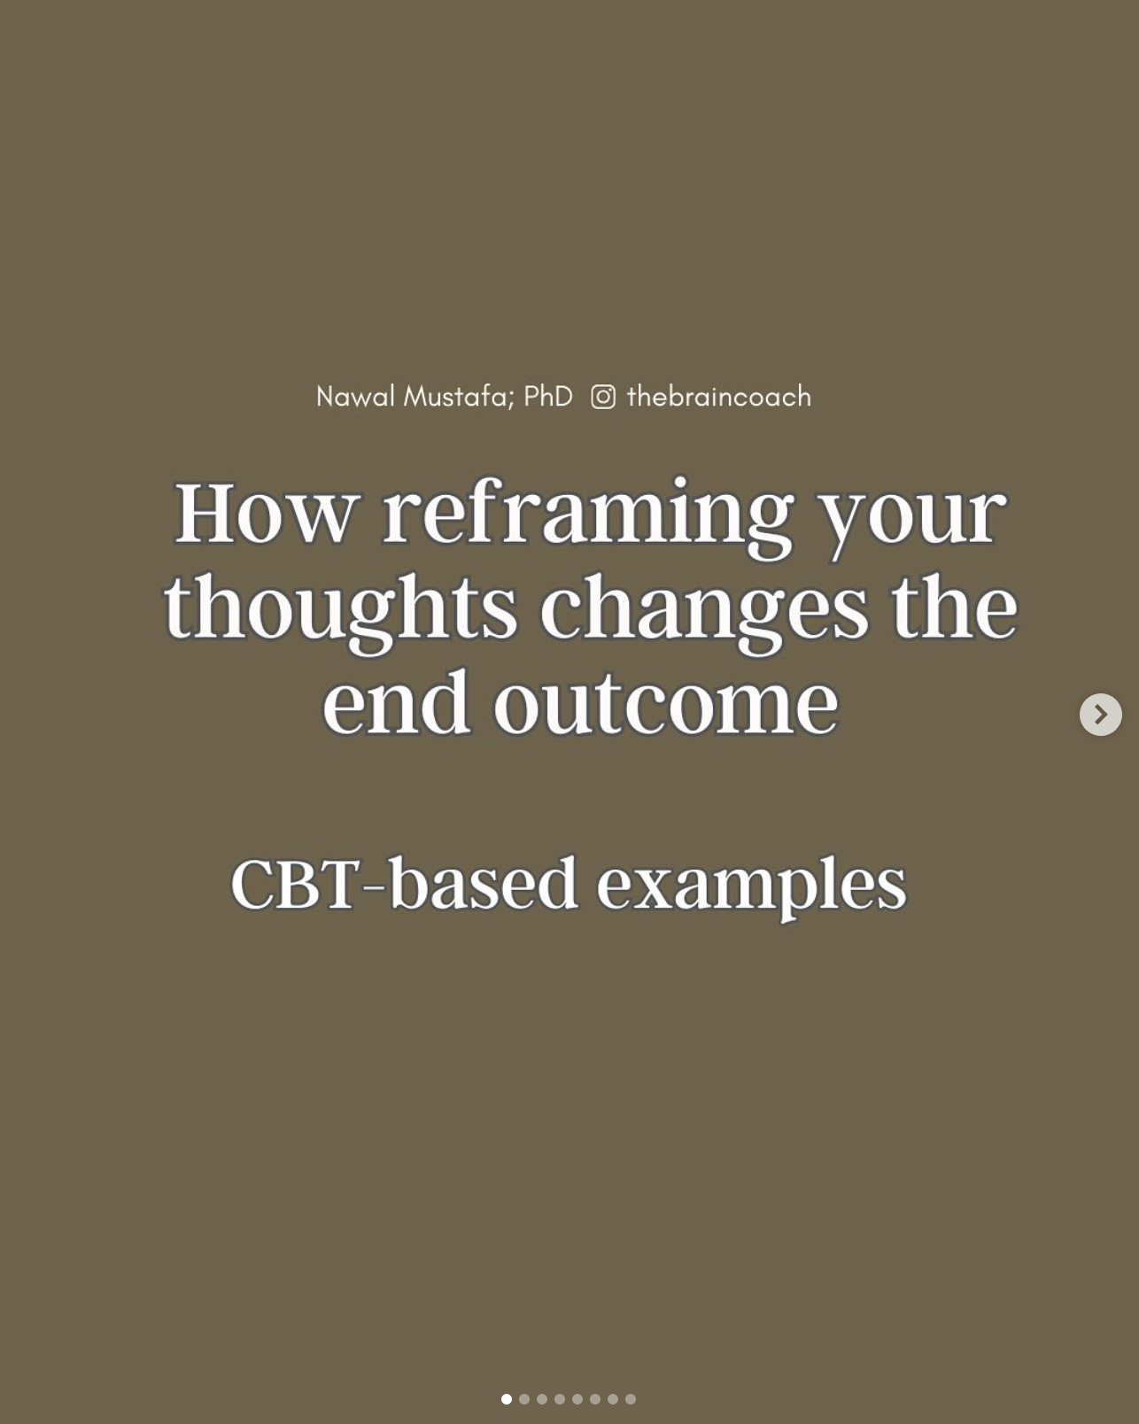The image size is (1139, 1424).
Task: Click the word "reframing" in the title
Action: pyautogui.click(x=588, y=517)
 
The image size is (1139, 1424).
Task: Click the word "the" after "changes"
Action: pyautogui.click(x=955, y=606)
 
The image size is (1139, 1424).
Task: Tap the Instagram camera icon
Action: pyautogui.click(x=603, y=397)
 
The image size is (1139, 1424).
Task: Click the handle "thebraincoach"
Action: pyautogui.click(x=719, y=397)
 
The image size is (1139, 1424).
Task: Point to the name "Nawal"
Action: pyautogui.click(x=355, y=397)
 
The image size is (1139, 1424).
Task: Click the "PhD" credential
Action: pyautogui.click(x=548, y=397)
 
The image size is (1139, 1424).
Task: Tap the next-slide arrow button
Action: pyautogui.click(x=1101, y=715)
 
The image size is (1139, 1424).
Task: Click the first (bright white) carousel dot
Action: pyautogui.click(x=507, y=1399)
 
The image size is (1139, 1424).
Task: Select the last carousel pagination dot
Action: pyautogui.click(x=631, y=1399)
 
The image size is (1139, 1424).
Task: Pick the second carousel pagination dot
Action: pyautogui.click(x=524, y=1399)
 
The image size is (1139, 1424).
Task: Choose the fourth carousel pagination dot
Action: pyautogui.click(x=560, y=1399)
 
